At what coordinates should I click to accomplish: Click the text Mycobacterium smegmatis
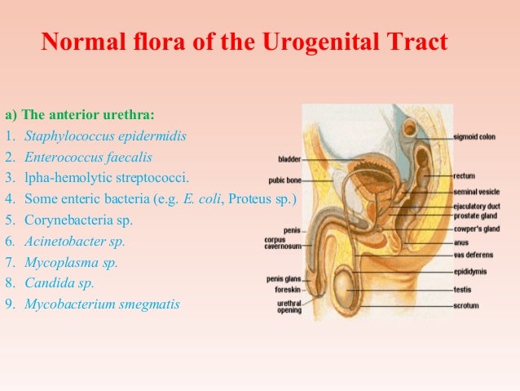[102, 304]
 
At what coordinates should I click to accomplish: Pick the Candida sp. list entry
[59, 283]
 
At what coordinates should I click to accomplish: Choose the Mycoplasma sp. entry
[71, 262]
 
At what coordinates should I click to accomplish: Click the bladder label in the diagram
[289, 159]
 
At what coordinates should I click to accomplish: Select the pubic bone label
[284, 181]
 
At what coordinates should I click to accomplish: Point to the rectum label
[465, 176]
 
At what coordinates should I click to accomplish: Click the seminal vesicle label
[477, 192]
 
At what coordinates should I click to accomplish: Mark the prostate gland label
[475, 215]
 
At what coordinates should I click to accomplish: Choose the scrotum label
[466, 306]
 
